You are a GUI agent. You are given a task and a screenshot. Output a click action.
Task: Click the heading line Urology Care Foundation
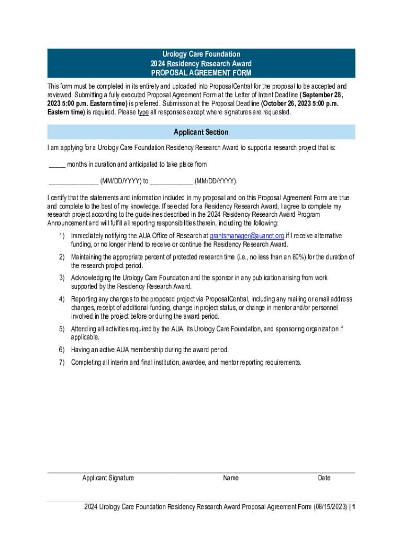click(x=201, y=54)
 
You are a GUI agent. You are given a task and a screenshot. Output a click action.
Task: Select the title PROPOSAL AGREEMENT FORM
click(x=201, y=73)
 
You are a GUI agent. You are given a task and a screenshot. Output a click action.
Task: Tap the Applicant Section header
click(x=201, y=132)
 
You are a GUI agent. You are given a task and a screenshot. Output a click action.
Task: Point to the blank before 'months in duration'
click(x=57, y=165)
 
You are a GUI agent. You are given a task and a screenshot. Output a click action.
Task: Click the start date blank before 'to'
click(x=73, y=182)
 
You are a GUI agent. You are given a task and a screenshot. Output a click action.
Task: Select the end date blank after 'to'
click(x=171, y=182)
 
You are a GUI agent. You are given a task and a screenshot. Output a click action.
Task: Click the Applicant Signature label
click(x=108, y=478)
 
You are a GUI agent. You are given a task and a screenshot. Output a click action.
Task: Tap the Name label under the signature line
click(x=231, y=478)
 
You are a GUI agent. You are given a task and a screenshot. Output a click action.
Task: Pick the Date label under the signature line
click(x=324, y=478)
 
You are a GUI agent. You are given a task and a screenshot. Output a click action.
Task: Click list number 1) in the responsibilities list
click(x=61, y=236)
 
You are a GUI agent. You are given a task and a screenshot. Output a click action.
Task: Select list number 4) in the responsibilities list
click(x=61, y=299)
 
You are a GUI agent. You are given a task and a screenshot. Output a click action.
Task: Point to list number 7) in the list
click(x=61, y=363)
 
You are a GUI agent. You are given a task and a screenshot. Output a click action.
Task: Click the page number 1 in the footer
click(x=354, y=507)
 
